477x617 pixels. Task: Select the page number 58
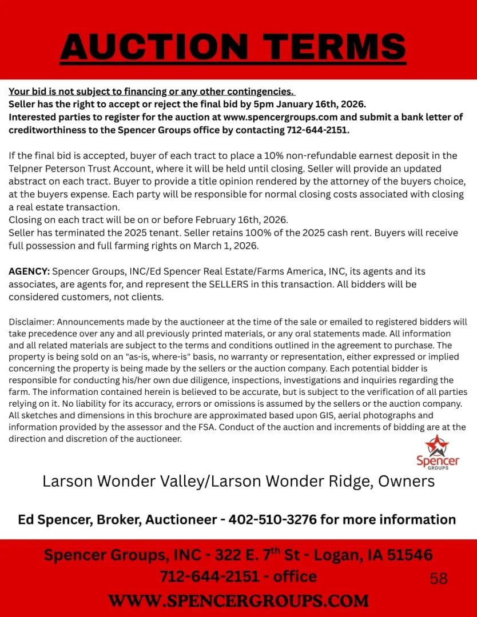(439, 579)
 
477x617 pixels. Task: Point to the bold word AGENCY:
(29, 271)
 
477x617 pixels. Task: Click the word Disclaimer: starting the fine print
(31, 322)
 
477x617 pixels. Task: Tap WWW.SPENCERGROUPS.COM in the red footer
(238, 600)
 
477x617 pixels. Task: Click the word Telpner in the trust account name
(26, 169)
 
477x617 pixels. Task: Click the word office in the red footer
(295, 576)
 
